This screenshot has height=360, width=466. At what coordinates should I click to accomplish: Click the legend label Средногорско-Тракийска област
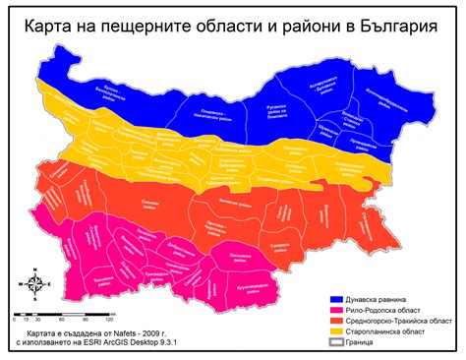coord(401,320)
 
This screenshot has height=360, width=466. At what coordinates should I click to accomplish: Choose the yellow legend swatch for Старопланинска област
coord(335,331)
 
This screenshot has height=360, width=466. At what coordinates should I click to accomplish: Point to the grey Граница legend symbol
coord(335,344)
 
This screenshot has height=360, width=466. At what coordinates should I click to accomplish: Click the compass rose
coord(34,284)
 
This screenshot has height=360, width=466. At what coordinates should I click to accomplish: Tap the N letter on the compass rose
coord(34,268)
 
